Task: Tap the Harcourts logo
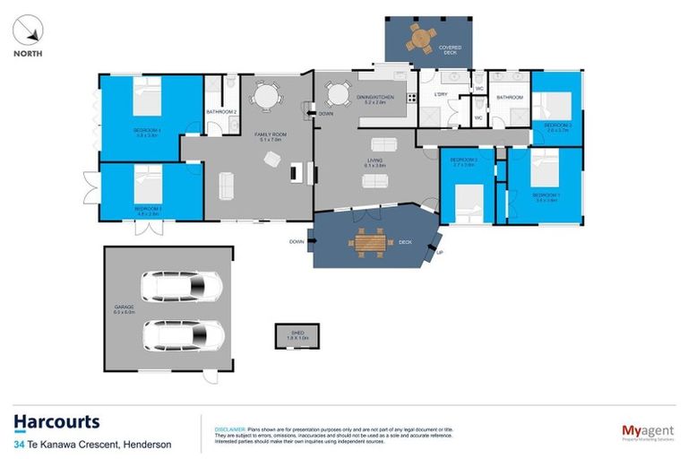click(56, 422)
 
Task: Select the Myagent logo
click(648, 432)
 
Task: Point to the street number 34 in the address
click(19, 445)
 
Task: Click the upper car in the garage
click(182, 287)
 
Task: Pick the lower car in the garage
click(184, 335)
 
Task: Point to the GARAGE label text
click(124, 307)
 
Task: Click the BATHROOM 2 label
click(221, 112)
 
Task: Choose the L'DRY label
click(440, 95)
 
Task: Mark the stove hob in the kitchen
click(411, 96)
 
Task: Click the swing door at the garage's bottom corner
click(209, 376)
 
